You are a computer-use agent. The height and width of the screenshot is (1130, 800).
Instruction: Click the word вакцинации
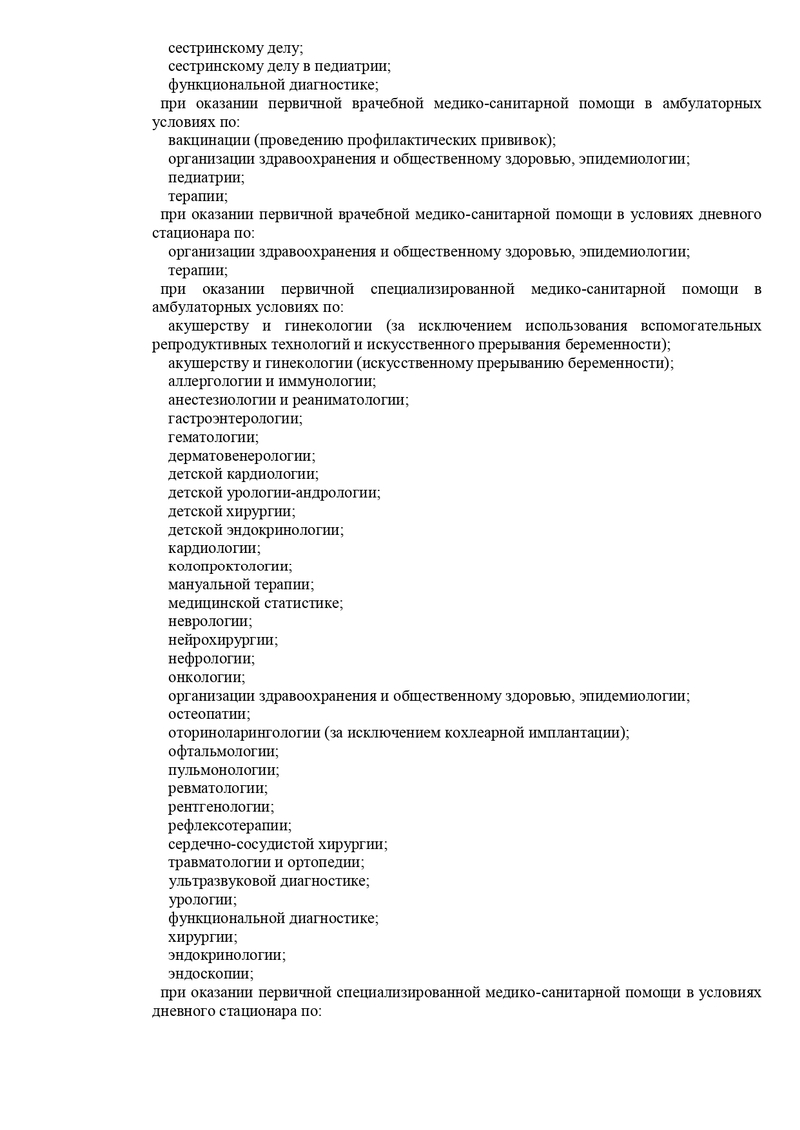tap(207, 141)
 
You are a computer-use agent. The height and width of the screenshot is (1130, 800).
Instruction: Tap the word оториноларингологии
tap(243, 733)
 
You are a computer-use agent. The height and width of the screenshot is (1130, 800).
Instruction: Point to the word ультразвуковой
tap(217, 881)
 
